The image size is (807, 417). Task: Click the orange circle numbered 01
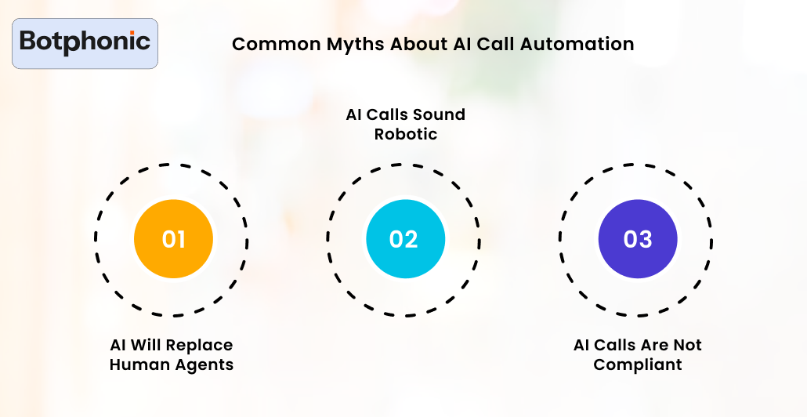[173, 239]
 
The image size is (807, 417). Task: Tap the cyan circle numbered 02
[405, 239]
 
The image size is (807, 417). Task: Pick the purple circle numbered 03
[637, 239]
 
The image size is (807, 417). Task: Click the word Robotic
[405, 134]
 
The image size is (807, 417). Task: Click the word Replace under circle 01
[199, 345]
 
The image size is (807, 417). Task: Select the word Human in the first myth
[138, 364]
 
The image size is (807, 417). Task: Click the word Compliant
[637, 364]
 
